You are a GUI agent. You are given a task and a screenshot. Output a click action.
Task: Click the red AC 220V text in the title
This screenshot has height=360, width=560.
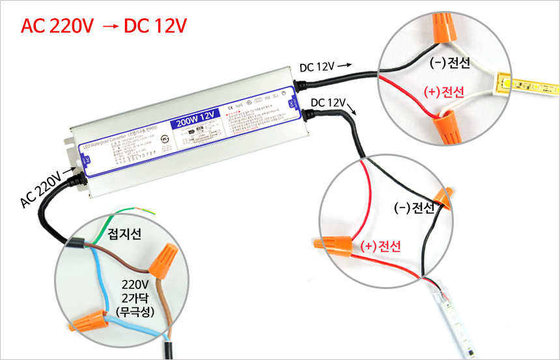point(58,26)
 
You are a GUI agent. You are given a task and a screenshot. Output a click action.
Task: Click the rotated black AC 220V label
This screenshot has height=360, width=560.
point(41,189)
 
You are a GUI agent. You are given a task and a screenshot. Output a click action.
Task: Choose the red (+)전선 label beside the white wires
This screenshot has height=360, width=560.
point(443,92)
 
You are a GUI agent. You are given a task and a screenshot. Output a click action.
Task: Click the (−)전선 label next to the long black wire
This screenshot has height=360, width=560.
point(415,208)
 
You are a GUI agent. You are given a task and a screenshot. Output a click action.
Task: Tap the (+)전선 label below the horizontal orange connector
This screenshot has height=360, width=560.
point(380,245)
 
